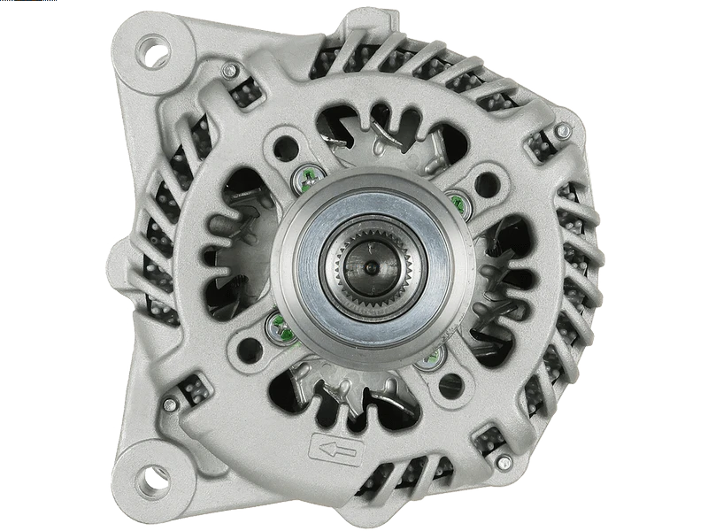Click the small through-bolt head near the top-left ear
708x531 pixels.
pyautogui.click(x=229, y=71)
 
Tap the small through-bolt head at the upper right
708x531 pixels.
pyautogui.click(x=562, y=131)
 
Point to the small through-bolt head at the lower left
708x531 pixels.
pyautogui.click(x=170, y=404)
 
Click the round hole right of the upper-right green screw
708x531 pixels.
pyautogui.click(x=486, y=184)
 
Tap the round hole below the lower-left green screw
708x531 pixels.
pyautogui.click(x=250, y=346)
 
